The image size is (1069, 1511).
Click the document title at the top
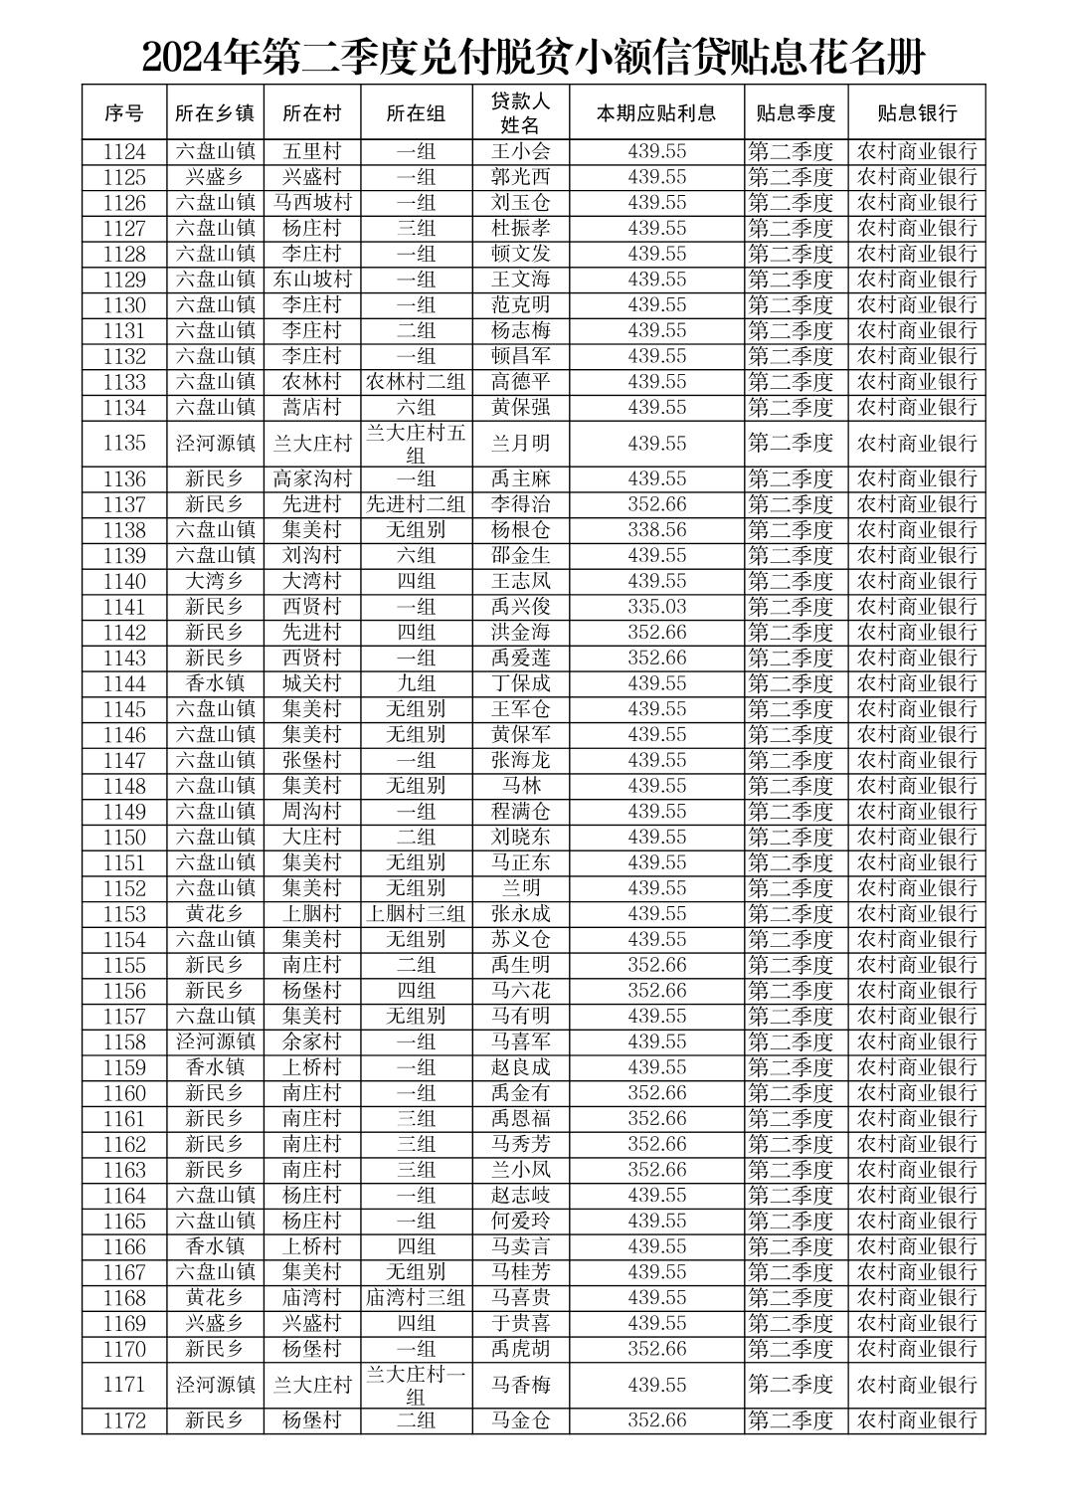point(534,58)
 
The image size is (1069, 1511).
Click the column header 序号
point(124,113)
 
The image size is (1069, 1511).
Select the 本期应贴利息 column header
point(656,113)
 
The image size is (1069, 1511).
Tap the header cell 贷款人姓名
point(521,113)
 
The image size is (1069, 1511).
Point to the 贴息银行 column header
point(916,113)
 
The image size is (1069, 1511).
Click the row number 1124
point(124,152)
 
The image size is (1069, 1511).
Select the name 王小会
point(521,152)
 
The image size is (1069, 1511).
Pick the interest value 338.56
point(656,530)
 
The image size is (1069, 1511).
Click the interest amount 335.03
point(656,607)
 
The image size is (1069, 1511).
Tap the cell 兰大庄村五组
point(416,444)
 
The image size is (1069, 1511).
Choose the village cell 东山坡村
point(312,280)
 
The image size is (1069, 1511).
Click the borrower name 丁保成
point(521,683)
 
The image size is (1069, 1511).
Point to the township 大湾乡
point(215,581)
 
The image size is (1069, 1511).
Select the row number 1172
point(124,1421)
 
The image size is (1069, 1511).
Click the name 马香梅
point(521,1385)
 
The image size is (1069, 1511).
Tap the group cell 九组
point(416,683)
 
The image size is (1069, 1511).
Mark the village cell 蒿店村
point(312,407)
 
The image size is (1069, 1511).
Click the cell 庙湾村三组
point(416,1298)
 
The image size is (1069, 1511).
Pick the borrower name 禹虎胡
point(521,1349)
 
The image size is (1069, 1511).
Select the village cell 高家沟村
point(312,478)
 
